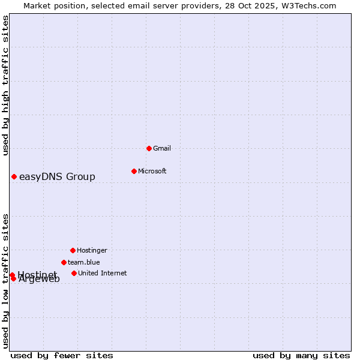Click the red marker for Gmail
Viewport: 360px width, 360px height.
(149, 148)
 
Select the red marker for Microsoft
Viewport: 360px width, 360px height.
(134, 171)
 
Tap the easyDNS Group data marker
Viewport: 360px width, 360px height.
(14, 176)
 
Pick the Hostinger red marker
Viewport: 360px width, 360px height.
(73, 250)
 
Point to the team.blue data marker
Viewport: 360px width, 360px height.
(64, 262)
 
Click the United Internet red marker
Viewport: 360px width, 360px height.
(74, 273)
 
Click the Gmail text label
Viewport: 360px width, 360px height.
(162, 148)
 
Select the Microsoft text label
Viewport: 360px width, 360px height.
(152, 171)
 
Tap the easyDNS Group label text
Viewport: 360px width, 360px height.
(57, 176)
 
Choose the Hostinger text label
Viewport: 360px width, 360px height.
(92, 250)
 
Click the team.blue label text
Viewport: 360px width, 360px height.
(84, 262)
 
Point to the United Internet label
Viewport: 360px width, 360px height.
(103, 273)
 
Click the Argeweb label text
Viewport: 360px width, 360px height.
(40, 279)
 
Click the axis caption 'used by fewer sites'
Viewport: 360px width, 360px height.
(62, 355)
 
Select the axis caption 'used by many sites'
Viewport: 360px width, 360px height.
(301, 355)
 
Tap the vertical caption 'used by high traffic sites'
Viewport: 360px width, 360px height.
(5, 86)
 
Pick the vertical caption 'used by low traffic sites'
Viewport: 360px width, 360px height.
(5, 281)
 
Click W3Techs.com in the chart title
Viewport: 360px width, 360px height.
(308, 5)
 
